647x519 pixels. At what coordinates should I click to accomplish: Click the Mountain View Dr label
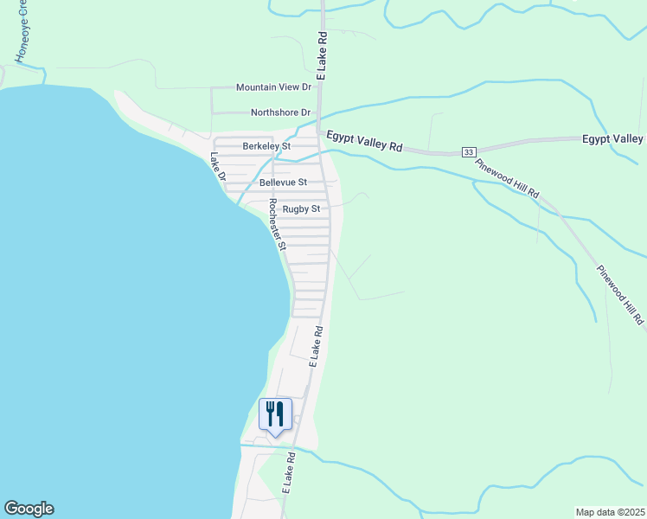pos(273,87)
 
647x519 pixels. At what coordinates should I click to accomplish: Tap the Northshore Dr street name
pos(280,112)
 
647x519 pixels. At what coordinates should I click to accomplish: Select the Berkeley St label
pos(266,146)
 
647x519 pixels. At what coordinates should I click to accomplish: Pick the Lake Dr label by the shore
pos(217,167)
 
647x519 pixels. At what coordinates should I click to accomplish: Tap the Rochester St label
pos(277,224)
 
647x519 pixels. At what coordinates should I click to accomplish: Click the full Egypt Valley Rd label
pos(364,142)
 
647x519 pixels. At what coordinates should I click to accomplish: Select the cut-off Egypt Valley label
pos(612,138)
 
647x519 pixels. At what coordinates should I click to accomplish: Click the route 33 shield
pos(468,151)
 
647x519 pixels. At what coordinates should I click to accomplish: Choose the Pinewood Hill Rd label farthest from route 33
pos(620,295)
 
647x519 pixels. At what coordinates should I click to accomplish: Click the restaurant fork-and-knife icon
pos(275,413)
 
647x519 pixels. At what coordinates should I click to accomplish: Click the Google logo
pos(29,509)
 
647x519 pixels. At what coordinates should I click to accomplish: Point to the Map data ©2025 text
pos(610,511)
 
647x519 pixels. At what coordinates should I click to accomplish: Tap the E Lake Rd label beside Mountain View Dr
pos(321,56)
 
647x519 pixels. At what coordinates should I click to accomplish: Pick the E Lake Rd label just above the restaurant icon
pos(316,346)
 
